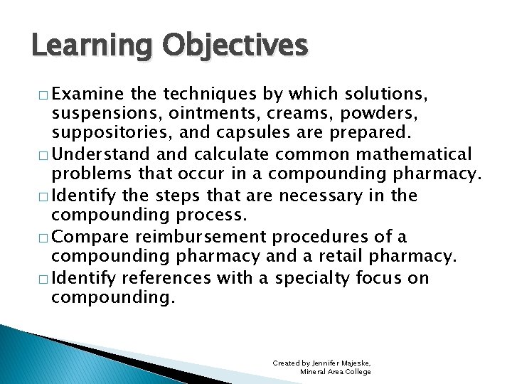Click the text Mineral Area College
pyautogui.click(x=335, y=371)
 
